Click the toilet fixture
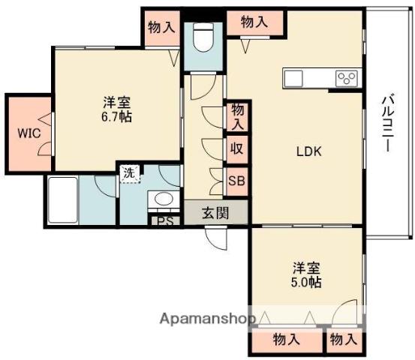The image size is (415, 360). point(203,37)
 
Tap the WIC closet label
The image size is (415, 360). point(29,133)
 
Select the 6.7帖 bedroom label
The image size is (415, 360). point(117,109)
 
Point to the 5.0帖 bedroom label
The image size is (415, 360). point(306,275)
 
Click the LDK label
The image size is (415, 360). point(309,151)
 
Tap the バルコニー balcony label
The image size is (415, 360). point(388,123)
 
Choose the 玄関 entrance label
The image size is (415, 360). point(215,213)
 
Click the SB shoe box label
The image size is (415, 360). point(236,181)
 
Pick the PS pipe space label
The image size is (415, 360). point(165,221)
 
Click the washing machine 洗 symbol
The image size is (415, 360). point(130,173)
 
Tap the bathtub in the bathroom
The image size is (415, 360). point(63,200)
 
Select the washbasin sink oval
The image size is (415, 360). point(164,199)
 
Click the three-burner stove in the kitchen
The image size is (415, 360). point(347,77)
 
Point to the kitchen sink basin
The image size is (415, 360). point(293,78)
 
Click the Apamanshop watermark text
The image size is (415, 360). point(208,319)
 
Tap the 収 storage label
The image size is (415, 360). point(236,148)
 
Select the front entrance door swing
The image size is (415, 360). point(216,238)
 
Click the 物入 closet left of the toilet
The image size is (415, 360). point(161,27)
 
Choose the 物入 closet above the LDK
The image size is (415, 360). point(254,22)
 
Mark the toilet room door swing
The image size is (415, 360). point(203,87)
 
